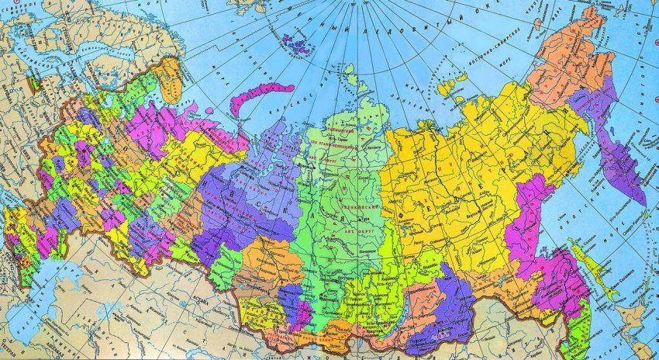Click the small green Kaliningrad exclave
(34, 81)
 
